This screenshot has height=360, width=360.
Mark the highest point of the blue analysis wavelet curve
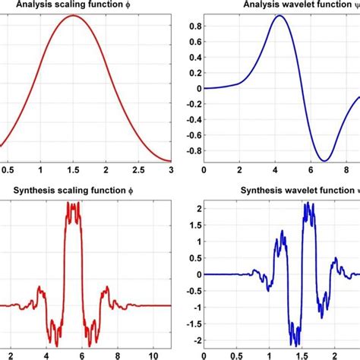click(280, 16)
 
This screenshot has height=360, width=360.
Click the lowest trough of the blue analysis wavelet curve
click(326, 160)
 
